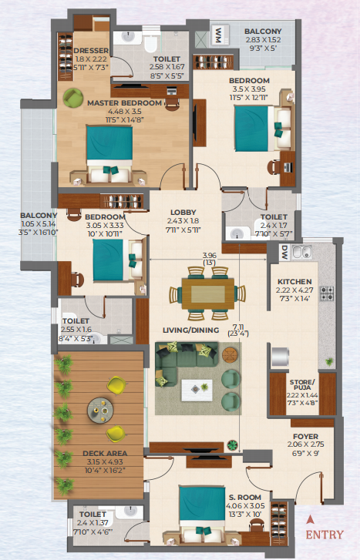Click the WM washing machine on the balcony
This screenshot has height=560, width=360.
pyautogui.click(x=219, y=35)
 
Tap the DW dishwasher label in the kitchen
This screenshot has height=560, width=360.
pyautogui.click(x=284, y=252)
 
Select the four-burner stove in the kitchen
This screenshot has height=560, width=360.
pyautogui.click(x=326, y=293)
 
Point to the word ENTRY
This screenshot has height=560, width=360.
pyautogui.click(x=325, y=535)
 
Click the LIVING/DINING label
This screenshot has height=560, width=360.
pyautogui.click(x=191, y=330)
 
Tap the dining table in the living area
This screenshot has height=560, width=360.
pyautogui.click(x=208, y=293)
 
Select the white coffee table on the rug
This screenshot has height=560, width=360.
pyautogui.click(x=197, y=390)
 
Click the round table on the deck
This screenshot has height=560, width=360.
pyautogui.click(x=100, y=411)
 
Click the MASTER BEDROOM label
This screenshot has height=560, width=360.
pyautogui.click(x=124, y=103)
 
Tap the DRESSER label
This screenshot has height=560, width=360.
pyautogui.click(x=91, y=51)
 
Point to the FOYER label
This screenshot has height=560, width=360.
pyautogui.click(x=306, y=437)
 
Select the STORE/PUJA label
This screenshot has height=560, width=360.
pyautogui.click(x=302, y=384)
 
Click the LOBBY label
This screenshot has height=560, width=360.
pyautogui.click(x=183, y=212)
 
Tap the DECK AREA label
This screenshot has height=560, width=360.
pyautogui.click(x=105, y=454)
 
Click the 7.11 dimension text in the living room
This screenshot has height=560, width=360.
pyautogui.click(x=238, y=327)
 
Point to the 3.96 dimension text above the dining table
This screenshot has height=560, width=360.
pyautogui.click(x=210, y=256)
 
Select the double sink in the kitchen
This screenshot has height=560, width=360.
pyautogui.click(x=302, y=252)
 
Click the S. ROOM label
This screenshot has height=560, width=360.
pyautogui.click(x=245, y=498)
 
